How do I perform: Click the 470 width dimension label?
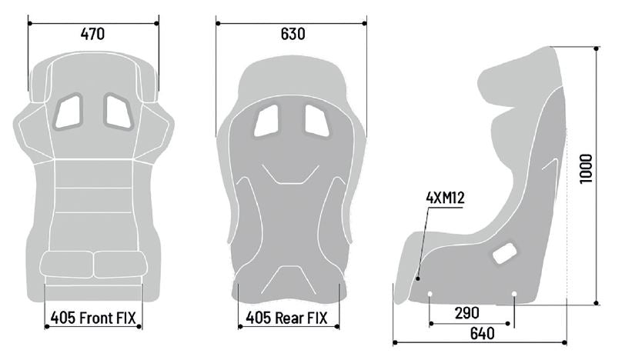[92, 34]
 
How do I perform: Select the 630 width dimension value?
[293, 35]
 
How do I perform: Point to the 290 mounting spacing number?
[468, 312]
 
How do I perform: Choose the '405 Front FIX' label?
[93, 316]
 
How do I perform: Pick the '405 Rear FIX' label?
[287, 316]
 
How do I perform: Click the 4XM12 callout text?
[445, 198]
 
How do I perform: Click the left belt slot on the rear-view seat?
[266, 120]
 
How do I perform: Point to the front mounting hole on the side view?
[430, 294]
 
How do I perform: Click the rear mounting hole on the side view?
[513, 293]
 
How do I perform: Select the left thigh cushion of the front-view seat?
[69, 264]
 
